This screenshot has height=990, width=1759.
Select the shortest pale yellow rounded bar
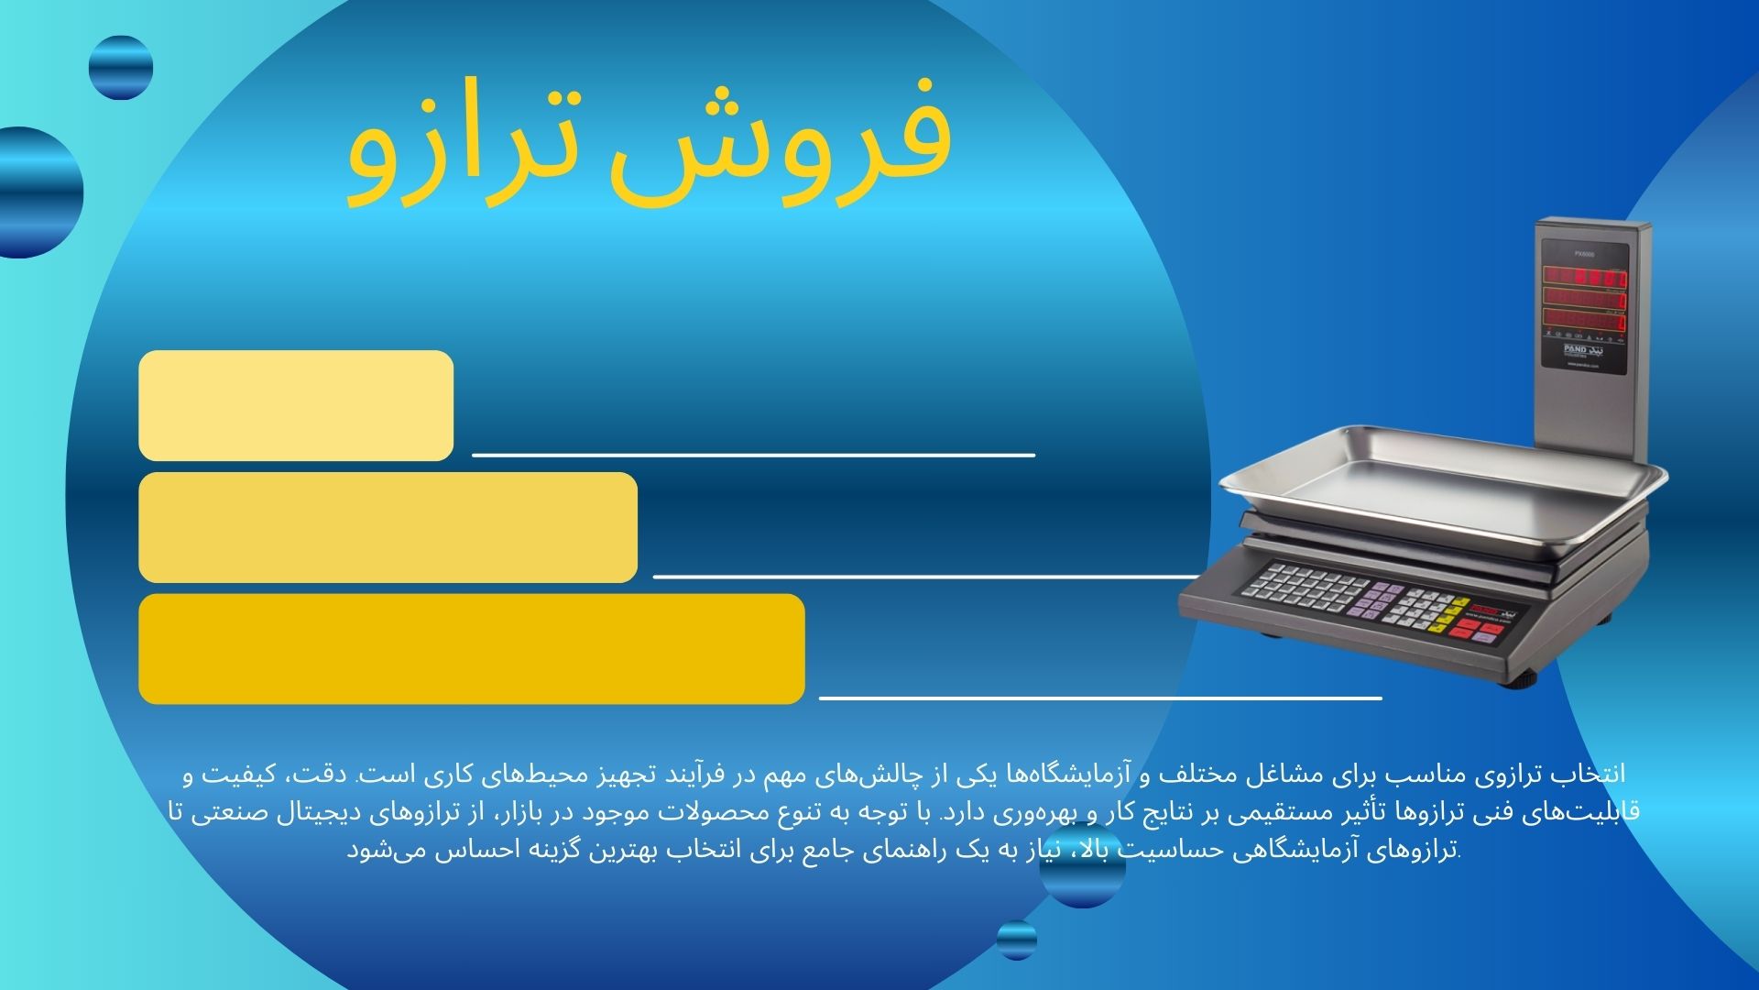296,405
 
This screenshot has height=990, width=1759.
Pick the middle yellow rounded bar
388,527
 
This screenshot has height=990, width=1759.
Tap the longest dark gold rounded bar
472,649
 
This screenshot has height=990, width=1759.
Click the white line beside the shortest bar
753,454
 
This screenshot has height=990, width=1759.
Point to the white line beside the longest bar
1099,698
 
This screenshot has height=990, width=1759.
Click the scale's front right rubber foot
1521,681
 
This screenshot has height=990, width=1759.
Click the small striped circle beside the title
121,68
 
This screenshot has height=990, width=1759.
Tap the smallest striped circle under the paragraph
1016,940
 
